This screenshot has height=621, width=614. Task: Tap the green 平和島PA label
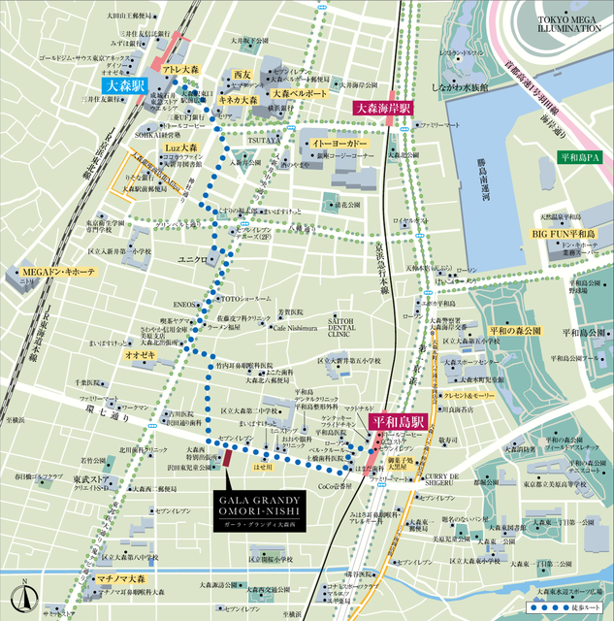(x=581, y=156)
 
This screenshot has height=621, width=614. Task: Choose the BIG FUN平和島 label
(x=563, y=235)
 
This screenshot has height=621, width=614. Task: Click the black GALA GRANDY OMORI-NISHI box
(x=255, y=509)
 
